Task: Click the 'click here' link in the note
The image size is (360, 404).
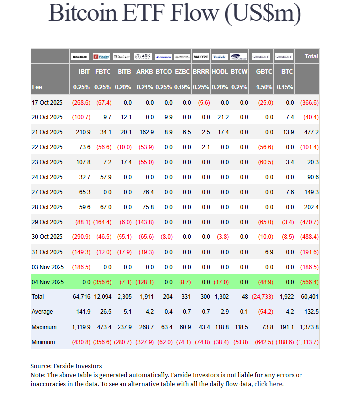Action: (268, 384)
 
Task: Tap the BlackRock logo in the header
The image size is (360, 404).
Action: (80, 57)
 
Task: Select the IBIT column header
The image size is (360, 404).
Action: (84, 72)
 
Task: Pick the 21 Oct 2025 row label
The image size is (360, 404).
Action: (47, 132)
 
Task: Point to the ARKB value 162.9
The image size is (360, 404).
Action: (145, 132)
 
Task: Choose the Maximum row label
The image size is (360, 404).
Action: (44, 327)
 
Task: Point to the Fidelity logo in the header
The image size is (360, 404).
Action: (102, 57)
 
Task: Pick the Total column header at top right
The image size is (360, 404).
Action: (311, 57)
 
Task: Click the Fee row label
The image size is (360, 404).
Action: (37, 87)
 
